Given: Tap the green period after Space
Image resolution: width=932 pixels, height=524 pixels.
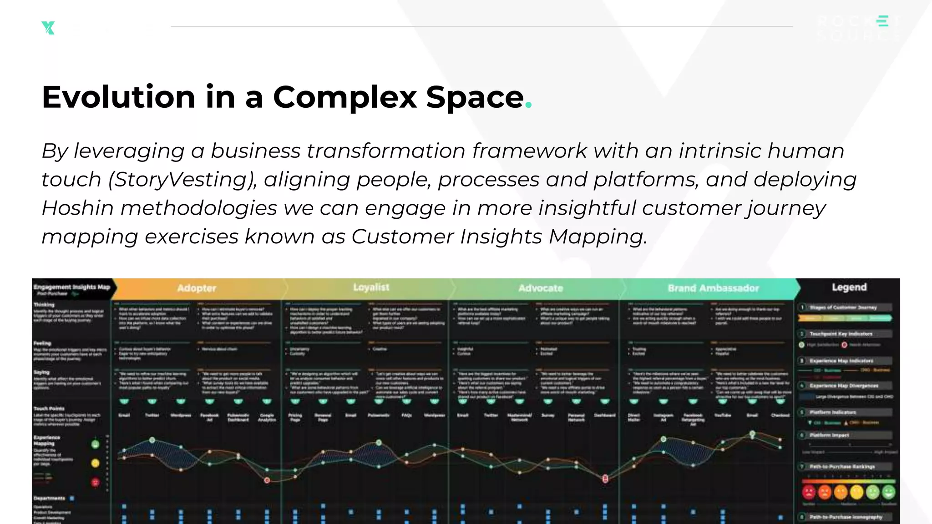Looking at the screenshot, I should coord(528,105).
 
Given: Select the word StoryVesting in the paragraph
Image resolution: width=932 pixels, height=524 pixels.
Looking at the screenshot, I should coord(182,180).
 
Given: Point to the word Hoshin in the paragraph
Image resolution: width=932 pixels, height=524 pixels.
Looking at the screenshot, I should coord(77,208).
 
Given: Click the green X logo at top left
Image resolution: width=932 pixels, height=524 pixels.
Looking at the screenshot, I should coord(48,28).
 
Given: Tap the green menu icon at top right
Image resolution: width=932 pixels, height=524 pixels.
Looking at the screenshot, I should coord(883,21).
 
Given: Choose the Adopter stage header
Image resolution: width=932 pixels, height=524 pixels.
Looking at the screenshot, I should coord(197,288).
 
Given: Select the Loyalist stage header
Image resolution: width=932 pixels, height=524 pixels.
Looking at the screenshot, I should coord(371,287).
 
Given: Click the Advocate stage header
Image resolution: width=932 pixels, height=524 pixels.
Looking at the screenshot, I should coord(541,288).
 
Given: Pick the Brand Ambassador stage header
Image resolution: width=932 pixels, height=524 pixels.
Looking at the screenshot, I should coord(713,288).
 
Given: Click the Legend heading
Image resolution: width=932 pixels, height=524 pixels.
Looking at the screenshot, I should coord(849,287).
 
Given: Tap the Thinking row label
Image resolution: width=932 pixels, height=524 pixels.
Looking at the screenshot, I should coord(44,305).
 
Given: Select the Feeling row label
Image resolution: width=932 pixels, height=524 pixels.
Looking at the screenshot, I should coord(42,343).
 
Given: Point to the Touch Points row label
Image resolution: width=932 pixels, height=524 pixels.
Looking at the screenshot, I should coord(49,408).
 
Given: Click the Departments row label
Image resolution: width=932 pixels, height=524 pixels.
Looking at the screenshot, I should coord(49,499).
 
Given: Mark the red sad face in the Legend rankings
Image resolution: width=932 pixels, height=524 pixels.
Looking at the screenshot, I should coord(809,492).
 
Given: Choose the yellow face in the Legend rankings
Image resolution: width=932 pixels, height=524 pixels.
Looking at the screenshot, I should coord(856,492).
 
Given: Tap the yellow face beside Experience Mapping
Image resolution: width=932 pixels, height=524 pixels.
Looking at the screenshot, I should coord(95,463).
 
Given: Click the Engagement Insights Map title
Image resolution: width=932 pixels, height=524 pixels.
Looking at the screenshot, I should coord(72,287).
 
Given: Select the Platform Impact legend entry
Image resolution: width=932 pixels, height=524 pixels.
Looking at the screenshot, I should coord(829,435).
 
